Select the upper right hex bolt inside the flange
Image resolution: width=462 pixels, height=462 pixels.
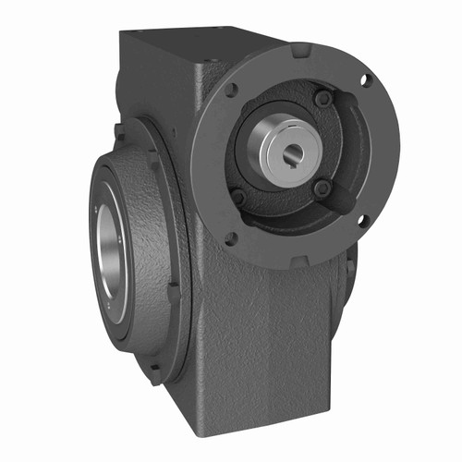[322, 98]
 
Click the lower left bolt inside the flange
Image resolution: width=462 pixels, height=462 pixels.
[238, 197]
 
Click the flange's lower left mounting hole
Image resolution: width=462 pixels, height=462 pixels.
[230, 238]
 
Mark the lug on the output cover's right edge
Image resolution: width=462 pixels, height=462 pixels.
[174, 291]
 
